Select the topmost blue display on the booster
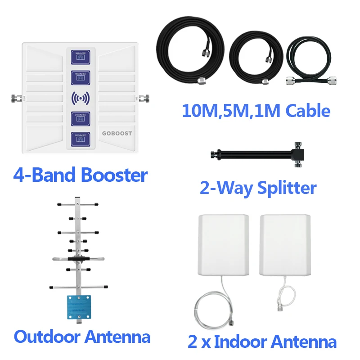pyautogui.click(x=79, y=58)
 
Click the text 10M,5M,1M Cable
pyautogui.click(x=256, y=110)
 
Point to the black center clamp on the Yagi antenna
pyautogui.click(x=78, y=259)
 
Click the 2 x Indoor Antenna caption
pyautogui.click(x=262, y=342)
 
